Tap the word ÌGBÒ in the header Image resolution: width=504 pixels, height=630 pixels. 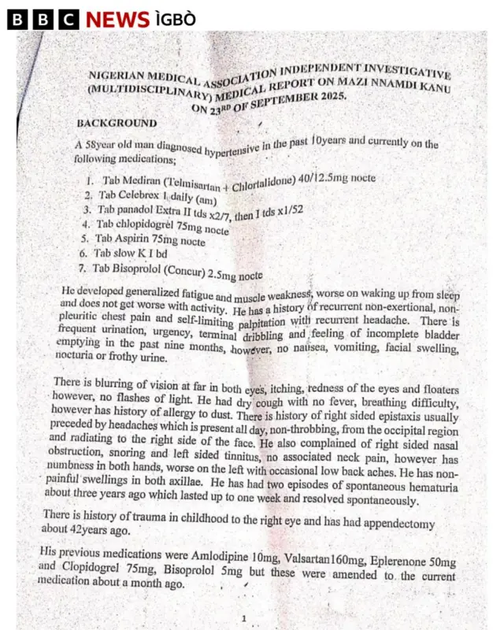(175, 19)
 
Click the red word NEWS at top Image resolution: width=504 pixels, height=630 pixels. (117, 19)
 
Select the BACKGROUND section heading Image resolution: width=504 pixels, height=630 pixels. (117, 123)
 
